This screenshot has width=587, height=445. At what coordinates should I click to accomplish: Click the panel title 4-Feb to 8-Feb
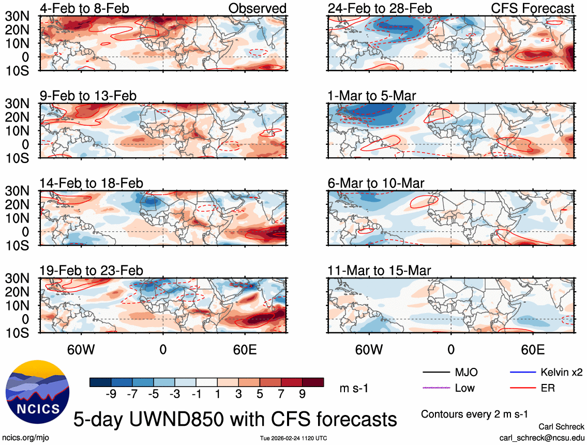(85, 8)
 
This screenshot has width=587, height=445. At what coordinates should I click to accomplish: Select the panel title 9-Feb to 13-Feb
(88, 96)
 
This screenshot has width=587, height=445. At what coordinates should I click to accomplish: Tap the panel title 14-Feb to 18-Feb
(92, 183)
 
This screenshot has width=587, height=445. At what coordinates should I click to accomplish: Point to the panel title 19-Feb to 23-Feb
(92, 271)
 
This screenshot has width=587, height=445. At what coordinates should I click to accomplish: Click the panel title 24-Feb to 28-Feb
(380, 8)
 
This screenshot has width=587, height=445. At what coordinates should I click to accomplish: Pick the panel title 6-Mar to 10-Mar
(376, 183)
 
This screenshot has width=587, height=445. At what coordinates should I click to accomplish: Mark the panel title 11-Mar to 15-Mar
(380, 271)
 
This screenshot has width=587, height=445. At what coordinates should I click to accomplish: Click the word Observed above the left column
(257, 8)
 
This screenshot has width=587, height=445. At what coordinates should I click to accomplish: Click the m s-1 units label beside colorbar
(354, 388)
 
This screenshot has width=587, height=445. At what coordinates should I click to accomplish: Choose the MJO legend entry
(466, 372)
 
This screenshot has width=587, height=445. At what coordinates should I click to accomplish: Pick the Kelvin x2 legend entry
(561, 372)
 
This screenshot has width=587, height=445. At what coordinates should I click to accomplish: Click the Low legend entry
(465, 388)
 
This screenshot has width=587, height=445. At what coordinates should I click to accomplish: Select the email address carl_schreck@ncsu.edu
(542, 437)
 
